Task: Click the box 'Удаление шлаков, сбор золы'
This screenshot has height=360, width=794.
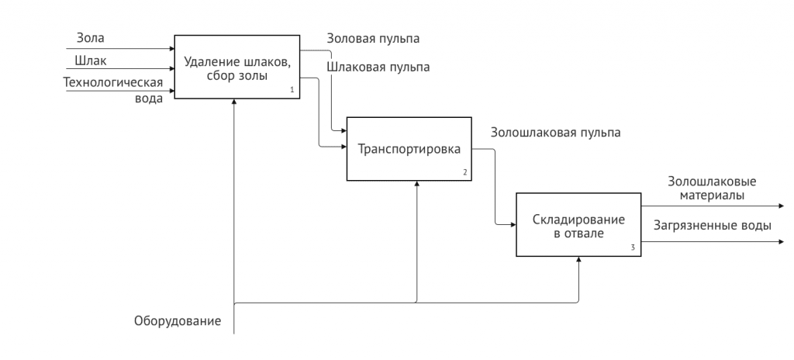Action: pos(236,67)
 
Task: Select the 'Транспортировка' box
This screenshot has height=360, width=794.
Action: pos(409,148)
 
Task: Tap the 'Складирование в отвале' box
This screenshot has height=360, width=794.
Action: pos(578,226)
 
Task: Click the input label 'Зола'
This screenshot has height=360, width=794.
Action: pos(91,37)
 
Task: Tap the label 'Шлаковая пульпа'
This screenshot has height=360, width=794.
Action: pos(378,67)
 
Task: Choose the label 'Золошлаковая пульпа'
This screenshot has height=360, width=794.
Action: pos(555,133)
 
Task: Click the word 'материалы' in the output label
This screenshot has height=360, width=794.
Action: pos(712,196)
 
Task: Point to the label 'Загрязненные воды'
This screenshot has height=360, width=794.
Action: pos(712,226)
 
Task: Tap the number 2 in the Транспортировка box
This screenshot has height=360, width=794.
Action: pos(464,172)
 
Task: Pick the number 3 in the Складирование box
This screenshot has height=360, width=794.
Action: pos(633,248)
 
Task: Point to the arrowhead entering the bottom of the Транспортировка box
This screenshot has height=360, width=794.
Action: pos(417,184)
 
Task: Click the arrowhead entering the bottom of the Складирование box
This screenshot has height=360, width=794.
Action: pos(578,261)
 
